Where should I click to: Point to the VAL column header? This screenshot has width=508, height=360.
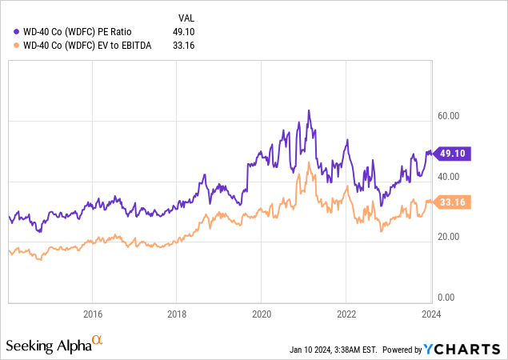(x=185, y=16)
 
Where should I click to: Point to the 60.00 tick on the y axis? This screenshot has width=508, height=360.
(x=449, y=115)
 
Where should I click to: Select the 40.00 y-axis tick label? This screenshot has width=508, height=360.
(x=449, y=176)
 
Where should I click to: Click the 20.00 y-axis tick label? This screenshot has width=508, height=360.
(x=449, y=236)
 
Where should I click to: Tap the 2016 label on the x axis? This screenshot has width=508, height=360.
(x=93, y=314)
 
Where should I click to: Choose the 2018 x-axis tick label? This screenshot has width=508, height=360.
(x=177, y=314)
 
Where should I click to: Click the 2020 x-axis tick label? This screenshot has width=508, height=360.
(x=262, y=314)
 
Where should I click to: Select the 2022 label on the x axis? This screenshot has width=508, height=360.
(x=346, y=314)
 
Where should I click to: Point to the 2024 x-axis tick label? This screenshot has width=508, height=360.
(x=430, y=314)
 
